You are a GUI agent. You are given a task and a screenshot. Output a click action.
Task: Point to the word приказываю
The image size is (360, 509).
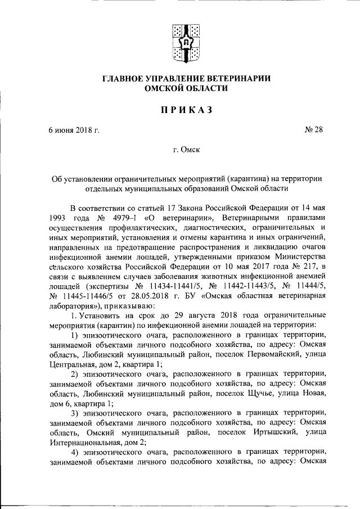coord(124,304)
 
